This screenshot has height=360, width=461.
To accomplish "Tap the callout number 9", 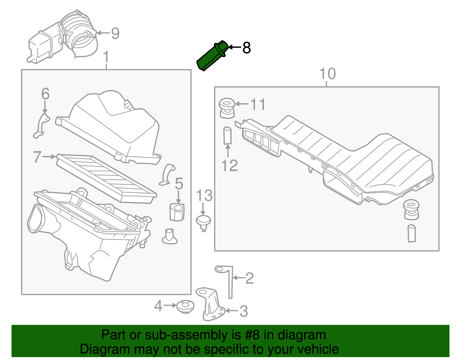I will coord(115,34).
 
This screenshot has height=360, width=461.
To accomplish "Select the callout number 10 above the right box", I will coord(328,74).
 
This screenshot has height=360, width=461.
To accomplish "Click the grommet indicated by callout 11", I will coord(227,108).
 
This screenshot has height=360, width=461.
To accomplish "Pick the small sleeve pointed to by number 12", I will coord(228,135).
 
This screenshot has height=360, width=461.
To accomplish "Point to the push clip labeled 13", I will coord(204,223).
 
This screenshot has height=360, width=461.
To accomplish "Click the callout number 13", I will coord(204,196).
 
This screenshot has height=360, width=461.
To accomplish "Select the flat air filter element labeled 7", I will coord(107,179).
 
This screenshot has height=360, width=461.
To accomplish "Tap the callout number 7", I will coord(37,157).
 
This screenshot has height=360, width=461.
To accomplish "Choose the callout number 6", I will coord(45,94).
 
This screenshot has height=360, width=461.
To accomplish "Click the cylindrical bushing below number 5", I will coord(177,212).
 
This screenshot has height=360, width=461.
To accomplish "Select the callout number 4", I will coord(158,306).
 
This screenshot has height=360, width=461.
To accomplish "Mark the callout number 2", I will coord(249,278).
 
